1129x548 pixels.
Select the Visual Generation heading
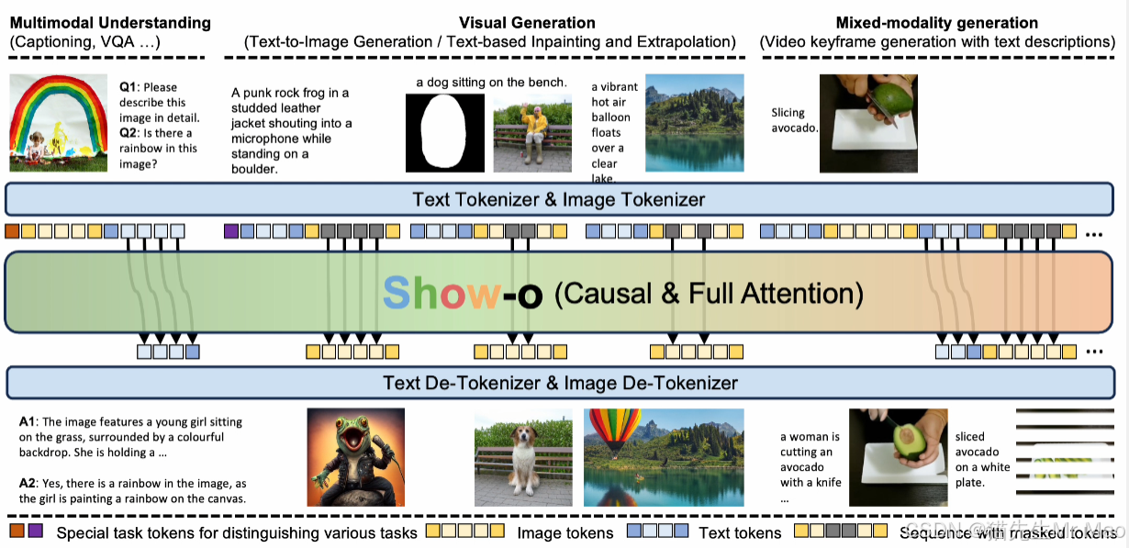[527, 23]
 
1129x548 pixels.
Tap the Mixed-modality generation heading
[936, 23]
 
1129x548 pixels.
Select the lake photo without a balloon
[694, 122]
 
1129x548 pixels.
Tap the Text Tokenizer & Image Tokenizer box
[558, 199]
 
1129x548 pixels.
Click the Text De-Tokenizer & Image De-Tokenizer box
[560, 382]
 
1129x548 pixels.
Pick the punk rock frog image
[344, 457]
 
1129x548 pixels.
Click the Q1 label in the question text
[129, 86]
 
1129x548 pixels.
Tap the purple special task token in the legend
[36, 531]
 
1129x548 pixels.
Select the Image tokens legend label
[565, 532]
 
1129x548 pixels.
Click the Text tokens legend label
[740, 532]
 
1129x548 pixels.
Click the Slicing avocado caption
[794, 120]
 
